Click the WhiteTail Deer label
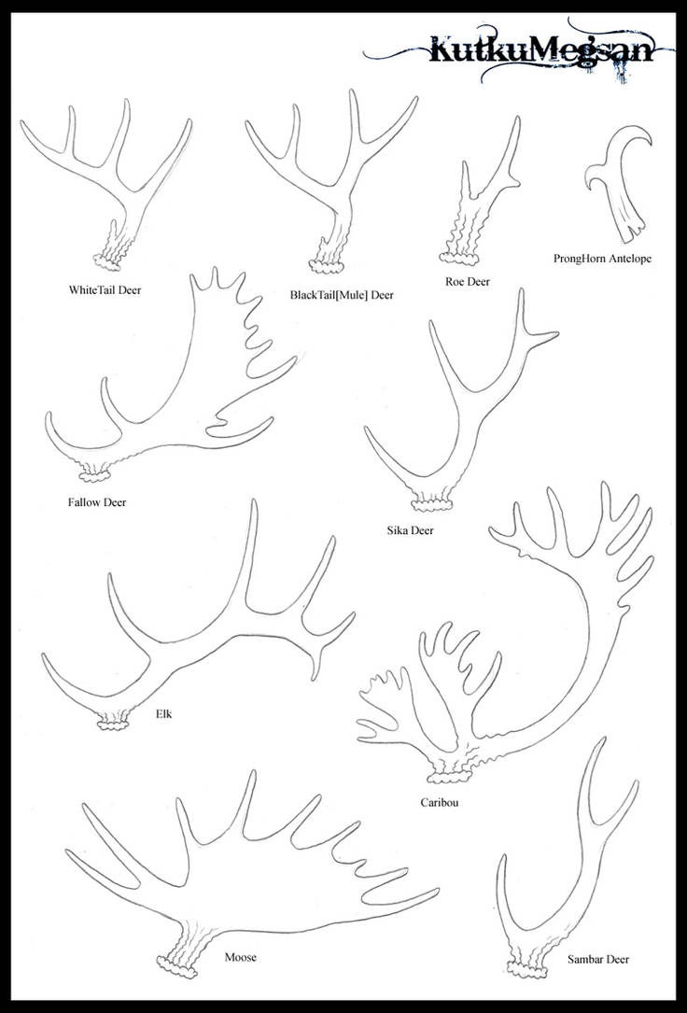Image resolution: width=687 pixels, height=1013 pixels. (105, 290)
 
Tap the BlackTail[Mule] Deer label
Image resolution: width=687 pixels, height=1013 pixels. (342, 295)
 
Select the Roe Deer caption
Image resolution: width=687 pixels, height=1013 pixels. (468, 282)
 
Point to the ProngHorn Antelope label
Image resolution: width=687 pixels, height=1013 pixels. (602, 259)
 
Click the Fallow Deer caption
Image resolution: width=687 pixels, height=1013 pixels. (97, 502)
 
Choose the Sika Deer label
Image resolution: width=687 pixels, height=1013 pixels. (410, 530)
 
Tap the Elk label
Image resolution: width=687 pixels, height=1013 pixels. (164, 714)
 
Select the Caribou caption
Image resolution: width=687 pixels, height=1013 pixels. (439, 803)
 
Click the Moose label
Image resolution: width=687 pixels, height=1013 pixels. (240, 957)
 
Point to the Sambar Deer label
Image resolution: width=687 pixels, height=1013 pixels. (598, 960)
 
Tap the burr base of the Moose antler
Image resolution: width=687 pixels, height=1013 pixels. (176, 967)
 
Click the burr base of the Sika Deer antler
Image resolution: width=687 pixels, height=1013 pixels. (431, 504)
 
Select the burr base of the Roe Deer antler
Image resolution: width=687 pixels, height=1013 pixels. (459, 259)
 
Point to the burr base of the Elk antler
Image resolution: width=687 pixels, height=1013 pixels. (114, 724)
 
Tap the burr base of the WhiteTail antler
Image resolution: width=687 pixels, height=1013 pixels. (107, 261)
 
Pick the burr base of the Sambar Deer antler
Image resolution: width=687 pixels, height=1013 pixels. (526, 970)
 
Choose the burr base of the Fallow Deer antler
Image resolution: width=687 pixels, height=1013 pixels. (95, 477)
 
